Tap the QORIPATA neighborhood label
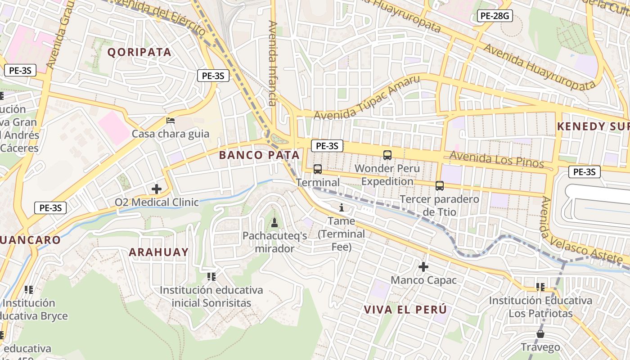(x=139, y=52)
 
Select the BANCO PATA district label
(x=259, y=155)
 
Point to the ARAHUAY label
(x=159, y=252)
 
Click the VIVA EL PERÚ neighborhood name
(x=405, y=310)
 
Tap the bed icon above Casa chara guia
(x=171, y=120)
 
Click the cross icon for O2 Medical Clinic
(x=157, y=189)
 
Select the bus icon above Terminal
(x=318, y=169)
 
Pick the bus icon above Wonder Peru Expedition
(x=387, y=155)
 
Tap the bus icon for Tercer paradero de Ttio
(x=440, y=185)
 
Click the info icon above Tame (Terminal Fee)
(x=341, y=207)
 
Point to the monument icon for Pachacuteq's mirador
(x=274, y=222)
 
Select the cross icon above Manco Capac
(x=423, y=266)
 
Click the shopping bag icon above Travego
(x=540, y=334)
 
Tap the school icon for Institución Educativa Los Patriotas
(x=540, y=287)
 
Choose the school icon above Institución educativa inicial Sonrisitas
(x=211, y=276)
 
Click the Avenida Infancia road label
(x=273, y=63)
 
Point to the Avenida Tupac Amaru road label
(x=367, y=98)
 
